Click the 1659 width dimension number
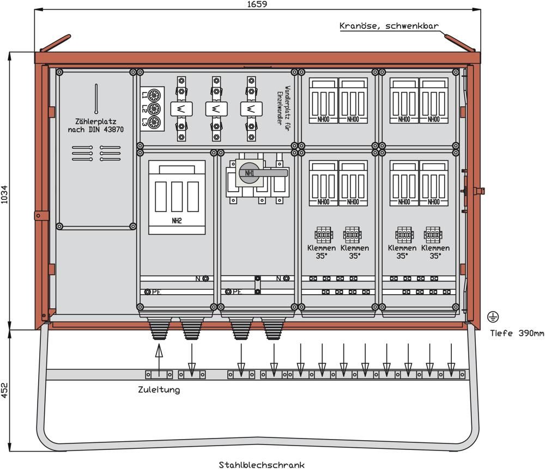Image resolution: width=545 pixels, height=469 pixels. tap(258, 4)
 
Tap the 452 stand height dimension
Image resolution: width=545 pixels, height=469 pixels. tap(5, 391)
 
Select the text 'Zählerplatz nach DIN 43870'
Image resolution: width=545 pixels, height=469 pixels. tap(96, 126)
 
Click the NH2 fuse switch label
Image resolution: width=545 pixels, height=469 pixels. tap(177, 221)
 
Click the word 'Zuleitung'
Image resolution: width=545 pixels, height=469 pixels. tap(159, 390)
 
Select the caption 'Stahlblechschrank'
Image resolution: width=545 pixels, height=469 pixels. tap(262, 465)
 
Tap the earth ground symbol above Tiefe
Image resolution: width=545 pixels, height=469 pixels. tap(493, 316)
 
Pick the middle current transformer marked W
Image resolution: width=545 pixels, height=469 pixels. tap(216, 109)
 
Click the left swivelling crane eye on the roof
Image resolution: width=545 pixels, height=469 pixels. tap(55, 42)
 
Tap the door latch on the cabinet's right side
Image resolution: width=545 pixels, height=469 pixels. tap(478, 190)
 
